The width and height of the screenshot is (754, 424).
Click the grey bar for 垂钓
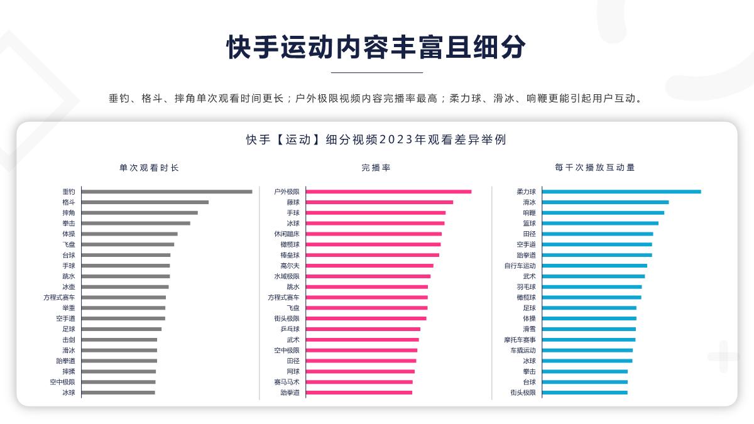point(167,192)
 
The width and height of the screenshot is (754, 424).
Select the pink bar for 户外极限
point(388,192)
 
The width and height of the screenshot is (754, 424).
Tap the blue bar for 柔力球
point(621,192)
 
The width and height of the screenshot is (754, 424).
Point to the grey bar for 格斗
point(145,202)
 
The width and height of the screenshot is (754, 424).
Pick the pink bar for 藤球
point(380,202)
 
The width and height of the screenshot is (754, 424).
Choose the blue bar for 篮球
point(600,223)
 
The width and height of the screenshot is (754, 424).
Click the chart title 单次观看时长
point(149,168)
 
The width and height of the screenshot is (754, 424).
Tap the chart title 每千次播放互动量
point(595,168)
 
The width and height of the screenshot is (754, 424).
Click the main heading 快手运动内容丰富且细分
point(376,47)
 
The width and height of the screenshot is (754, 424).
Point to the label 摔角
point(68,213)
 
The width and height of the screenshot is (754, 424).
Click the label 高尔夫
point(290,266)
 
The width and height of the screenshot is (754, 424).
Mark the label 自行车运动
point(520,266)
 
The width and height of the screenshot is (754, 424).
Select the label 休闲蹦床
point(287,234)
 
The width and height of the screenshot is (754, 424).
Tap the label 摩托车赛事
point(520,340)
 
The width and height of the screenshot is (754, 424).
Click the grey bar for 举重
point(123,308)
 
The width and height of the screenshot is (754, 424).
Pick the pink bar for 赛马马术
point(359,382)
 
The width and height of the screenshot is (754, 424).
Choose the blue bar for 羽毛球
point(592,287)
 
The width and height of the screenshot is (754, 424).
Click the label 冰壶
point(68,287)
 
